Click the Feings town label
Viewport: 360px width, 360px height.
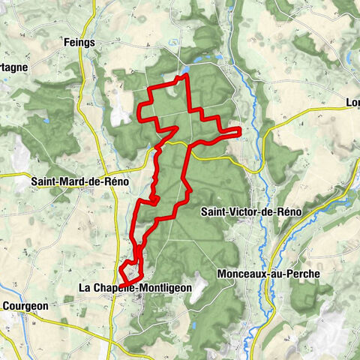[x=79, y=43]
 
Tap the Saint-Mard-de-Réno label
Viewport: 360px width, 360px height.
[x=80, y=181]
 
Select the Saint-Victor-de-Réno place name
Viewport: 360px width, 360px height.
[x=250, y=212]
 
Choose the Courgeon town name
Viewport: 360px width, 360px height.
[x=25, y=306]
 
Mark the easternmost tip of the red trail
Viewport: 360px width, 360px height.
[x=240, y=132]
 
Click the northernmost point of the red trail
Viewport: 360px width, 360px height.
[x=183, y=76]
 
